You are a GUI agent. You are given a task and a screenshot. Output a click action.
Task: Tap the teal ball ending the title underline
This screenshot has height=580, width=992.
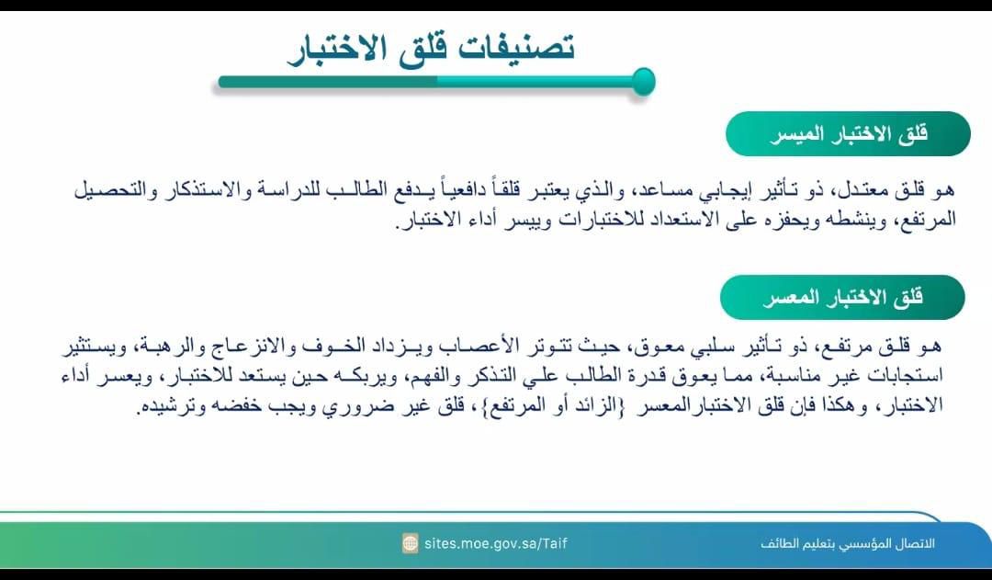click(643, 82)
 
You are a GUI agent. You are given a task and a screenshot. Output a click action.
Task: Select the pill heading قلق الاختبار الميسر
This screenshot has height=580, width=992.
click(848, 134)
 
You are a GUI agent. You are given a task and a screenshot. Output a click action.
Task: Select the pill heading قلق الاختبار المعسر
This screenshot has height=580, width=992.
click(842, 298)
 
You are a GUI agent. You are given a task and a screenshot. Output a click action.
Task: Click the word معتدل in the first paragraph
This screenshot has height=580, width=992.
click(864, 189)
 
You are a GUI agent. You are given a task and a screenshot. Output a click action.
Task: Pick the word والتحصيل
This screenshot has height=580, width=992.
click(111, 189)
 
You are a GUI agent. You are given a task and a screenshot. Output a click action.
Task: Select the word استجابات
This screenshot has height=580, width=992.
click(907, 376)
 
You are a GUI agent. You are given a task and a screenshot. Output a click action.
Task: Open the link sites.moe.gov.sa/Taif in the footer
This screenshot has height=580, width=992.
click(496, 543)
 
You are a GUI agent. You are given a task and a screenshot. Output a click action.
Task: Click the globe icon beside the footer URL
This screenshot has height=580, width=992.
click(411, 543)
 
